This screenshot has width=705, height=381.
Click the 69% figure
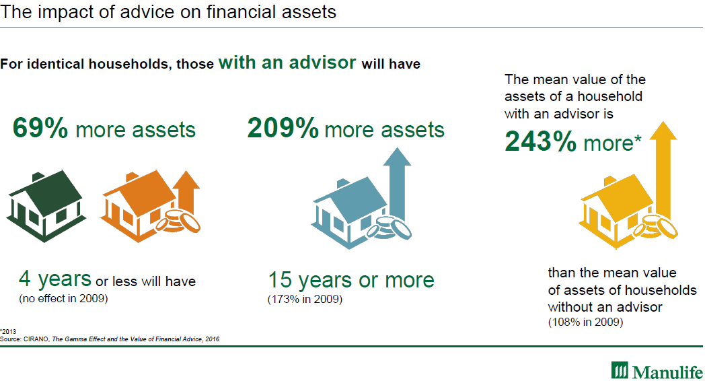pyautogui.click(x=40, y=128)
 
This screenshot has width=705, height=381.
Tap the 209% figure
pyautogui.click(x=283, y=128)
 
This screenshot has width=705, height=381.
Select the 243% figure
pyautogui.click(x=540, y=141)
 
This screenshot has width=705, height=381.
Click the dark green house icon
pyautogui.click(x=46, y=207)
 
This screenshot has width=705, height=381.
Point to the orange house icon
pyautogui.click(x=137, y=205)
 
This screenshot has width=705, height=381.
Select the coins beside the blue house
pyautogui.click(x=389, y=228)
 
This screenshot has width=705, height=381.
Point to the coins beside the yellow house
pyautogui.click(x=655, y=227)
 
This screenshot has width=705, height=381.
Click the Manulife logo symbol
pyautogui.click(x=620, y=370)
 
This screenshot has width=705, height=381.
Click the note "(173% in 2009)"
pyautogui.click(x=305, y=299)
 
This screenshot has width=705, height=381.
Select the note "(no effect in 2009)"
pyautogui.click(x=63, y=298)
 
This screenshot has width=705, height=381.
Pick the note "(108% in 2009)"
pyautogui.click(x=585, y=322)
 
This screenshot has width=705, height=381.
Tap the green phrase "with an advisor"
pyautogui.click(x=287, y=63)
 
